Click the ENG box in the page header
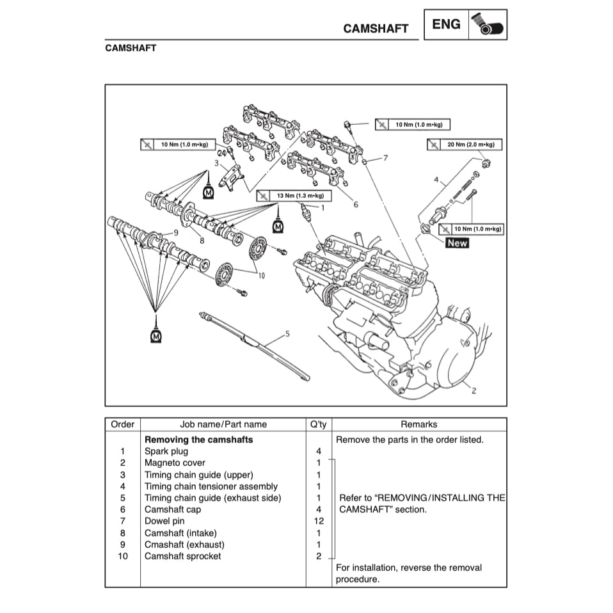(446, 25)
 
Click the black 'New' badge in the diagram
(457, 243)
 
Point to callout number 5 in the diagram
(287, 333)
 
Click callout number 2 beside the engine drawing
(474, 390)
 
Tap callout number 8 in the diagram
(202, 241)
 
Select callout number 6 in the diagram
(356, 205)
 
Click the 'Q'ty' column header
(318, 424)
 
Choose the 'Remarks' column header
(418, 424)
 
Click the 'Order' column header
(122, 424)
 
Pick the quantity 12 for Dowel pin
(318, 521)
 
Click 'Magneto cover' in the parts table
(175, 463)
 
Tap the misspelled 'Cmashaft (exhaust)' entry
(184, 545)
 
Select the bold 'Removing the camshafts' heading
(198, 440)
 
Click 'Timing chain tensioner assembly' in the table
(211, 486)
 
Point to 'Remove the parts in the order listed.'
(410, 440)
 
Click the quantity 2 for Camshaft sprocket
(318, 556)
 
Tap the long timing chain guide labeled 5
(256, 346)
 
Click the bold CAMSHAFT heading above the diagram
(131, 48)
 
